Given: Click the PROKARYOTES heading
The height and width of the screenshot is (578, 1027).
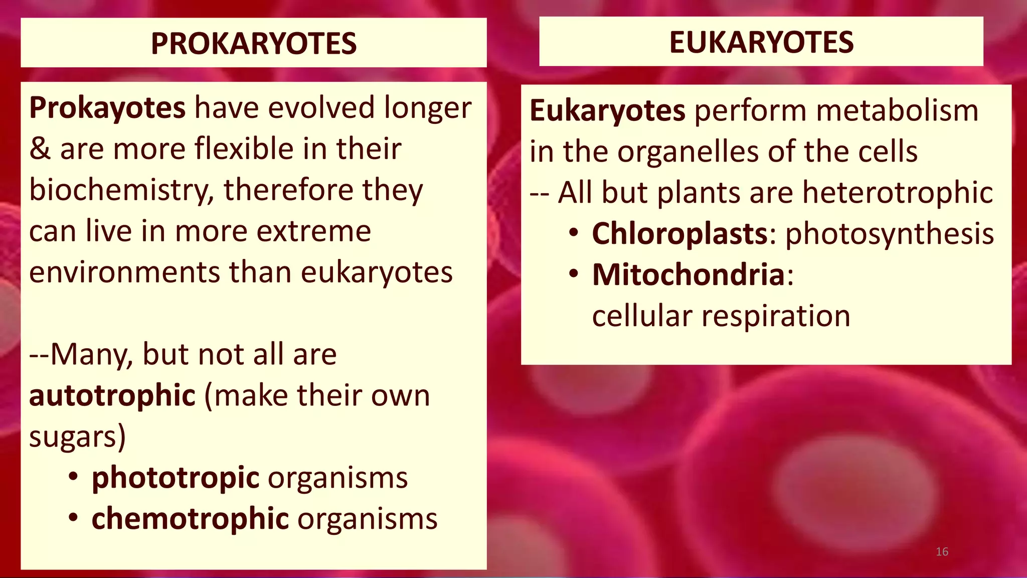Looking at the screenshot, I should (x=254, y=44).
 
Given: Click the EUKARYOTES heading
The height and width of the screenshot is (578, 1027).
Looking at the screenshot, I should (x=761, y=42).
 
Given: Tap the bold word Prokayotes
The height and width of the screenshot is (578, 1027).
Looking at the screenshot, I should (x=107, y=108).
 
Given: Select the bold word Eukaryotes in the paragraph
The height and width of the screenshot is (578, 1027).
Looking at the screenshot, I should (x=607, y=111).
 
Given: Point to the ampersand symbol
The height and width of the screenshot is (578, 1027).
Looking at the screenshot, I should (x=40, y=150).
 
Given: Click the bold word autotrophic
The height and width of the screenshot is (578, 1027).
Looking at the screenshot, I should (x=112, y=395).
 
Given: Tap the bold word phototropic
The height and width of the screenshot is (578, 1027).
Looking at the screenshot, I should (x=176, y=478).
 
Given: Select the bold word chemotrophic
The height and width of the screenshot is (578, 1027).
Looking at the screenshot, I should (x=190, y=519).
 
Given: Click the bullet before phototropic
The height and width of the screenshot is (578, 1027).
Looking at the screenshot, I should (x=74, y=476).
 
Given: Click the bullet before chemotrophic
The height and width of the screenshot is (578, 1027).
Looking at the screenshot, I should (x=74, y=517).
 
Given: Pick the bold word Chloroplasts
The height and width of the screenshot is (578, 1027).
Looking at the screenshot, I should (x=680, y=234).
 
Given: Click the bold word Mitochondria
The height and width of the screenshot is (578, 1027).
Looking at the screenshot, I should (x=689, y=275).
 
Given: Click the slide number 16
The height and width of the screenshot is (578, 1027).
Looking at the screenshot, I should (x=942, y=552).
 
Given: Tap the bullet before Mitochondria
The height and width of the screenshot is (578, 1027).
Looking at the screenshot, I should (x=574, y=274).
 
